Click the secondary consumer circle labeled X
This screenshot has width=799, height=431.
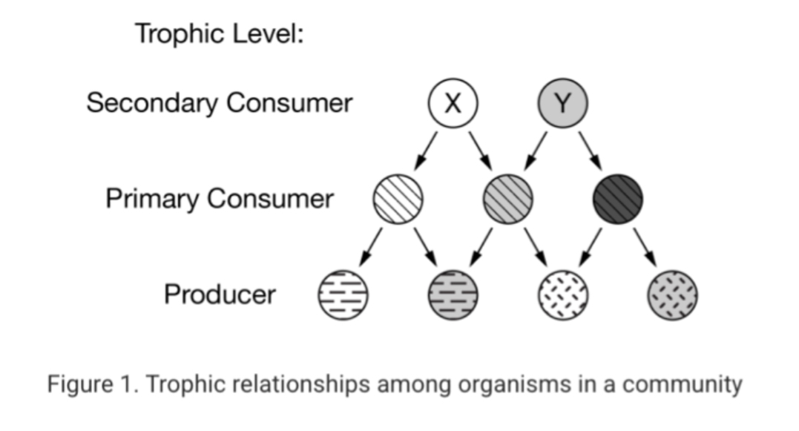click(x=453, y=104)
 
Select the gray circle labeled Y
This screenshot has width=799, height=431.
click(x=562, y=104)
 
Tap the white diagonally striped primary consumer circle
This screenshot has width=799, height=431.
click(x=398, y=199)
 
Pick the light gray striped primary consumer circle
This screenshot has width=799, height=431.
click(x=508, y=199)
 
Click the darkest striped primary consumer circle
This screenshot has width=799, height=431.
click(x=618, y=199)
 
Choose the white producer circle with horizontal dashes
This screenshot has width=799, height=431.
click(x=343, y=295)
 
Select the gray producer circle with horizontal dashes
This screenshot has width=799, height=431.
click(x=453, y=295)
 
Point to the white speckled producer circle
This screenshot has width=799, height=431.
click(x=562, y=295)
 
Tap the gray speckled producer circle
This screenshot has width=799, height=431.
click(x=672, y=295)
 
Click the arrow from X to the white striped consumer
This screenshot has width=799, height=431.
click(x=425, y=151)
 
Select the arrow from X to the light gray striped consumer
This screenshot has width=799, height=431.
click(x=481, y=151)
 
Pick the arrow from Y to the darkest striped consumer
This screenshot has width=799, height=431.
click(x=591, y=151)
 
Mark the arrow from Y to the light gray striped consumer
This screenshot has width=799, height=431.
click(x=536, y=151)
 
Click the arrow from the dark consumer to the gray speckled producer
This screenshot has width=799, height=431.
click(x=645, y=246)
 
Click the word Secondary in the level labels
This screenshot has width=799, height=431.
click(x=151, y=103)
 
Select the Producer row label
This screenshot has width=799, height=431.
click(x=220, y=295)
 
